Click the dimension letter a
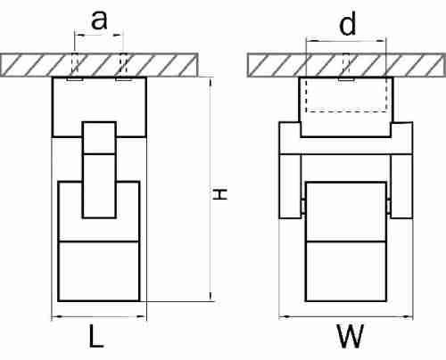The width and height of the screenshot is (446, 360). pos(99,20)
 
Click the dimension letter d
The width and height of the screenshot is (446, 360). pos(347,25)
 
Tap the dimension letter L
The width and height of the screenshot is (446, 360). pos(96,336)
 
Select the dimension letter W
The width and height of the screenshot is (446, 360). pos(350,336)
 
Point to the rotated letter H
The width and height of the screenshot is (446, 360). pos(220,193)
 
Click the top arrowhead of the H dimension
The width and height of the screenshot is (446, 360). pos(211,82)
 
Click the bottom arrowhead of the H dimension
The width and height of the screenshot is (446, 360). pos(211,296)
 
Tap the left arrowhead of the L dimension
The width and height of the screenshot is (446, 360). pos(56,316)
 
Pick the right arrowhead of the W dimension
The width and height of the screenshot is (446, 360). pos(408,317)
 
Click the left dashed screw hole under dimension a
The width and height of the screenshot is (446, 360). pos(75,64)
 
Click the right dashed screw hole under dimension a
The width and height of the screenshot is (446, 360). pos(123,64)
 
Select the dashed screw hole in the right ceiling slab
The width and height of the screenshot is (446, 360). pos(346,64)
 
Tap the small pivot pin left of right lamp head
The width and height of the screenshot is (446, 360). pos(303,206)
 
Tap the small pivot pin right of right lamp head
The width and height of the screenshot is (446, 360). pos(389,206)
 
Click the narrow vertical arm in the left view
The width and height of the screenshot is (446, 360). pos(99,170)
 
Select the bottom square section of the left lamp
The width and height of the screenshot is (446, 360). pos(99,272)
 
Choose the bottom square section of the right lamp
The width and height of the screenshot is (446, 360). pos(346,272)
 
